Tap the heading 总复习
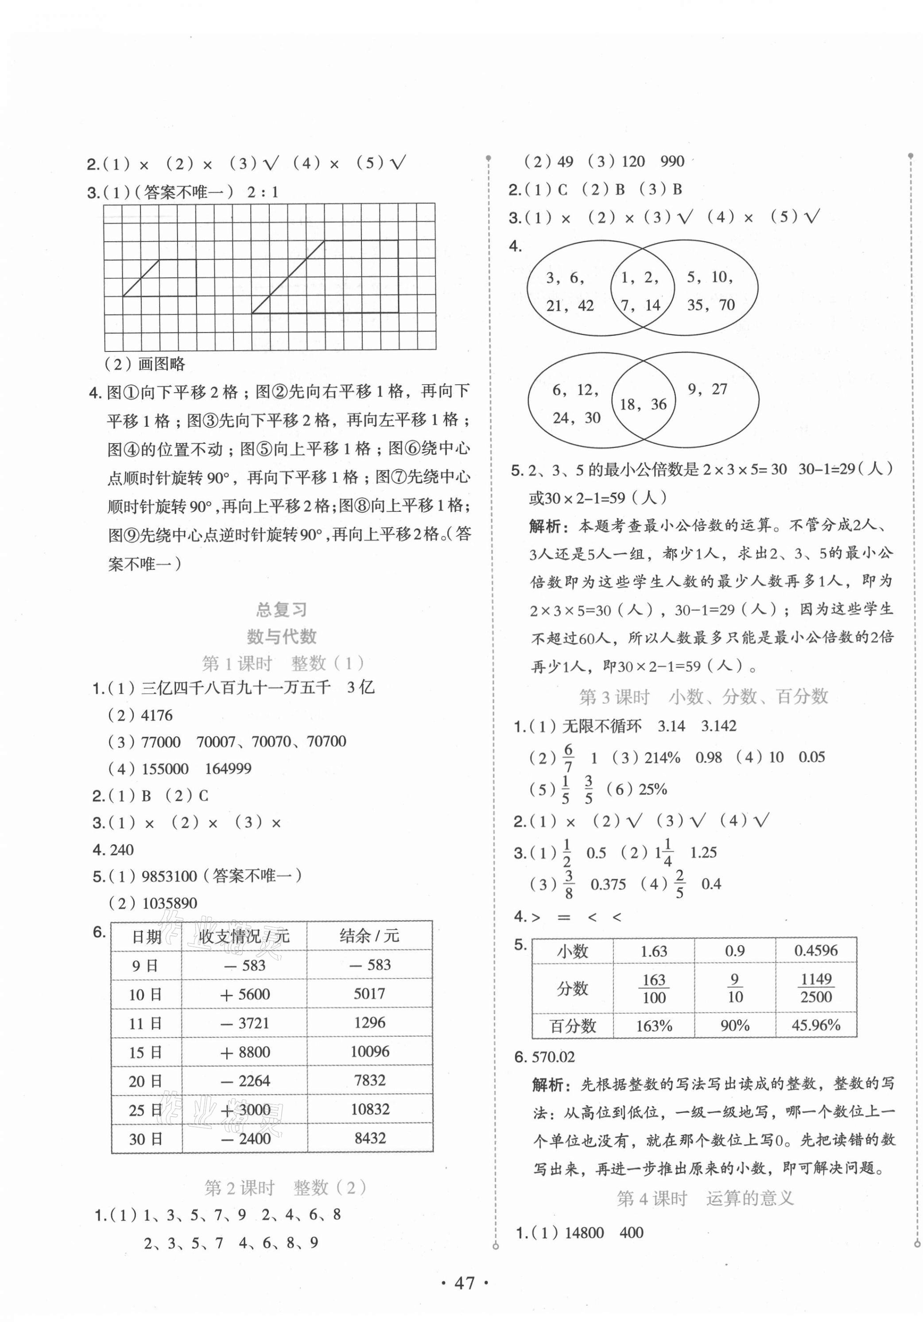point(281,609)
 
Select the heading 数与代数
point(281,636)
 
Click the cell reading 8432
point(369,1139)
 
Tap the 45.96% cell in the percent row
point(815,1025)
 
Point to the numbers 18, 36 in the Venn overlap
point(643,404)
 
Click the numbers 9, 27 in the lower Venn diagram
point(707,389)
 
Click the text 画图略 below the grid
point(162,364)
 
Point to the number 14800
point(584,1233)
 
